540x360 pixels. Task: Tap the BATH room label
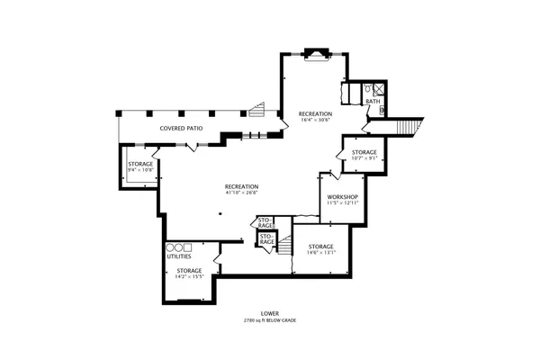pyautogui.click(x=372, y=101)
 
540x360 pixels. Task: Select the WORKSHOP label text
pyautogui.click(x=343, y=197)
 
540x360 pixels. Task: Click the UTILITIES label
pyautogui.click(x=178, y=256)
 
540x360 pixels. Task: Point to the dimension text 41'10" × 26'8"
pyautogui.click(x=242, y=192)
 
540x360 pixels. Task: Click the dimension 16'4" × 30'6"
pyautogui.click(x=316, y=120)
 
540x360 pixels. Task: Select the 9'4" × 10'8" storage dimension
pyautogui.click(x=140, y=169)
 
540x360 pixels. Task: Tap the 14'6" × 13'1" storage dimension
pyautogui.click(x=321, y=252)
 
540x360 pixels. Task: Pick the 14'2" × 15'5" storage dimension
pyautogui.click(x=189, y=275)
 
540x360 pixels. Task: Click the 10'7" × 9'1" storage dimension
pyautogui.click(x=364, y=158)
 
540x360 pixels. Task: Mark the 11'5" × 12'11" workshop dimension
pyautogui.click(x=343, y=203)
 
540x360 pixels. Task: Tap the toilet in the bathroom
pyautogui.click(x=367, y=88)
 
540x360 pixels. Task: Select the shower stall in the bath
pyautogui.click(x=380, y=88)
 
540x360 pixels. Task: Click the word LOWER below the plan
pyautogui.click(x=269, y=314)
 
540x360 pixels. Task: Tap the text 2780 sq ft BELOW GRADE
pyautogui.click(x=269, y=320)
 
